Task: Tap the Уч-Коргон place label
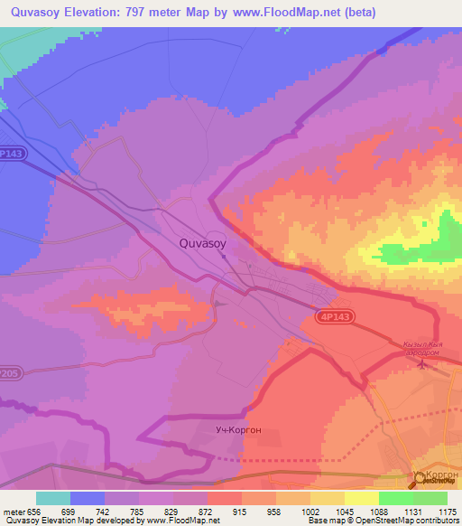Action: point(239,429)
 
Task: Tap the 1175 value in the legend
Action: point(447,512)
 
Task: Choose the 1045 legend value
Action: point(344,512)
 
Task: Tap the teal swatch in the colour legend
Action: point(53,498)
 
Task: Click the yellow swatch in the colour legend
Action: point(362,498)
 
